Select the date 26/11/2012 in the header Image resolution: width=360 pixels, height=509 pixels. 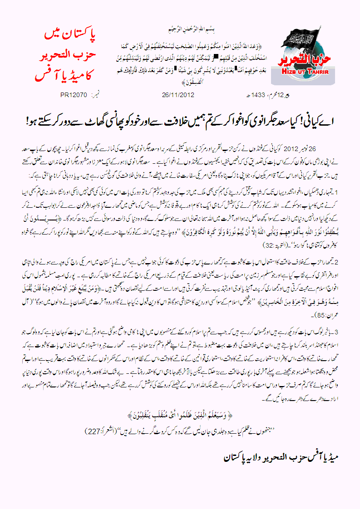click(x=178, y=96)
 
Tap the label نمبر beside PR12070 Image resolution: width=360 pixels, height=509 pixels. click(x=96, y=96)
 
